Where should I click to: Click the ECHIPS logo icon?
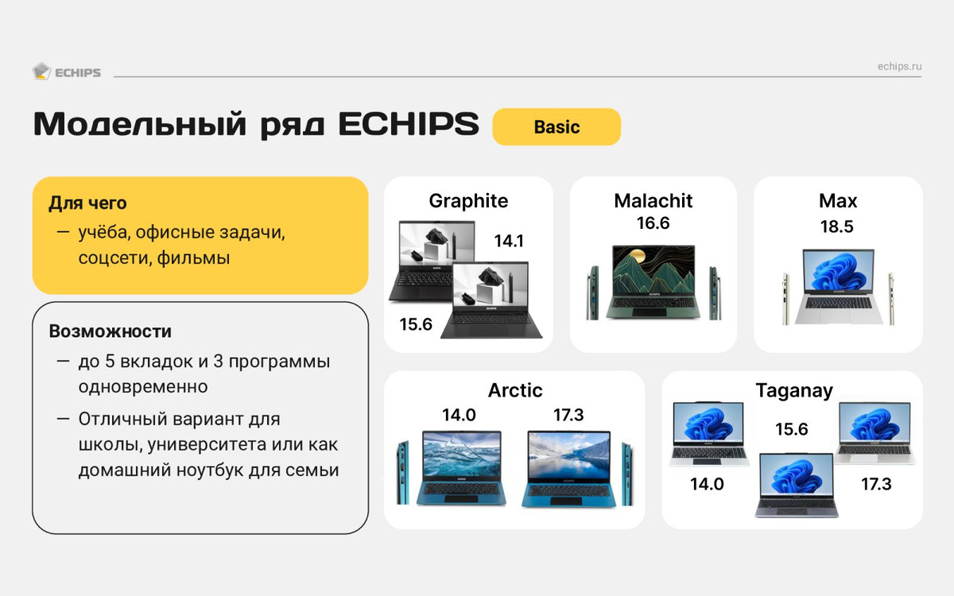pos(41,72)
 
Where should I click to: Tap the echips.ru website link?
pos(899,67)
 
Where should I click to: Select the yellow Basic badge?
pos(556,127)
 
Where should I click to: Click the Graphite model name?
pos(468,201)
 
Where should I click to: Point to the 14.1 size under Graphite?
pos(509,241)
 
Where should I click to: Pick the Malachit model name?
pos(653,201)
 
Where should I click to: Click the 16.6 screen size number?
pos(653,223)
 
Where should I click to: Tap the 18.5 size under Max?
pos(837,226)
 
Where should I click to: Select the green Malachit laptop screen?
pos(653,269)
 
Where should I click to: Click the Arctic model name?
pos(515,390)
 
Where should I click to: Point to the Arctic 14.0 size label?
pos(459,415)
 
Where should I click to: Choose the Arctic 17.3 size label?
pos(568,415)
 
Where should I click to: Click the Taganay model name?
pos(794,391)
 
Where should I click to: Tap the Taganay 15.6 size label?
pos(791,429)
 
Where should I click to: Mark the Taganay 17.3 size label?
pos(876,484)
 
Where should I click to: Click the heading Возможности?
pos(110,331)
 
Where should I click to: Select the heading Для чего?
pos(87,203)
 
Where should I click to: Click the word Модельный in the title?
pos(140,124)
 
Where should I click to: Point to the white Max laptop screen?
pos(838,272)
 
